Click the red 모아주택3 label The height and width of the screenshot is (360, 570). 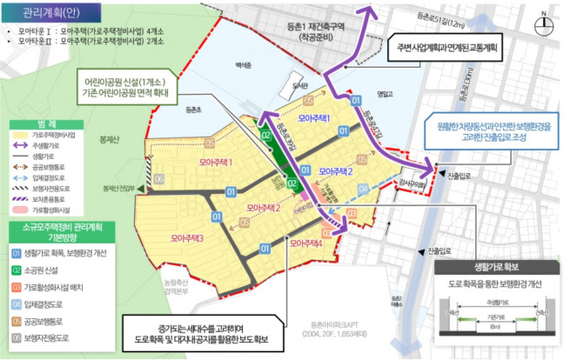187,237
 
